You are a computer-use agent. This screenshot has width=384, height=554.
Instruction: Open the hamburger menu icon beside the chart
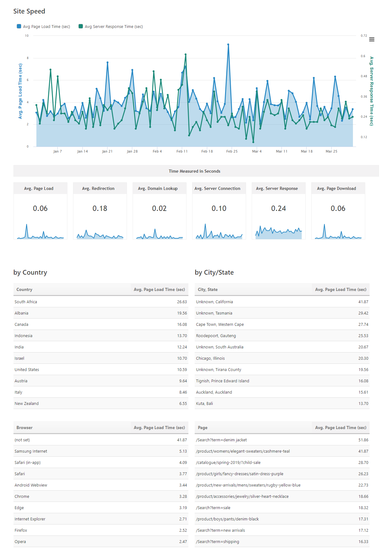point(372,40)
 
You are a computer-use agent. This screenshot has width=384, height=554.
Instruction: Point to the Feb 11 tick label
point(182,151)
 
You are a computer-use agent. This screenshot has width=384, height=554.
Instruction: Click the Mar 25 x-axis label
point(331,151)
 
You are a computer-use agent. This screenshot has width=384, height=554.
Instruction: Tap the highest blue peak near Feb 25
point(228,45)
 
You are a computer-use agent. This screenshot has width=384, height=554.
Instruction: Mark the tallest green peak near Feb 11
point(186,55)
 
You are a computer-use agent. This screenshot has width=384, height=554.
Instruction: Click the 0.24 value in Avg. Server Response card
point(278,208)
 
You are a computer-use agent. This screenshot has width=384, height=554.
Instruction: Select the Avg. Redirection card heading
point(98,188)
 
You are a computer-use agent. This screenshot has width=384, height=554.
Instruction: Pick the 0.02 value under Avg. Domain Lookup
point(159,208)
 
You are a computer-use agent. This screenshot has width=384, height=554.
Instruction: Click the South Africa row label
point(26,302)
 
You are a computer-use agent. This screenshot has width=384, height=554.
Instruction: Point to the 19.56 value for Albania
point(182,313)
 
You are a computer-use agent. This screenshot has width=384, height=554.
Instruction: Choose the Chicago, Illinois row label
point(210,358)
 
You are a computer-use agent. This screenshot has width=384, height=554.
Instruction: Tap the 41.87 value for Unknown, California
point(363,302)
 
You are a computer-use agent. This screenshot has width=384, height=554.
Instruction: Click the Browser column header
point(24,428)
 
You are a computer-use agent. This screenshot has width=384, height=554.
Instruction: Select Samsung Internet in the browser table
point(31,451)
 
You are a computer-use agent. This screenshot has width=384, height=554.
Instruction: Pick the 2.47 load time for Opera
point(183,541)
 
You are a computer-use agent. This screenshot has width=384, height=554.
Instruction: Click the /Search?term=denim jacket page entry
point(221,440)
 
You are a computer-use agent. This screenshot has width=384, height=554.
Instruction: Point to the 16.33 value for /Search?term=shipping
point(363,541)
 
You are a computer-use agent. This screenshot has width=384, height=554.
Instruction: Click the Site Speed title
point(29,11)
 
